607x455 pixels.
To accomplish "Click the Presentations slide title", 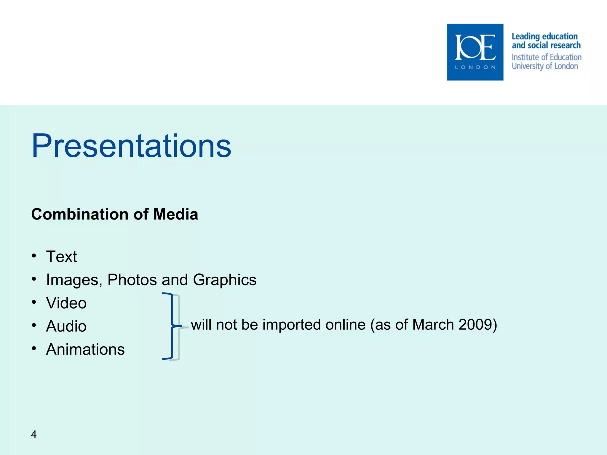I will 131,146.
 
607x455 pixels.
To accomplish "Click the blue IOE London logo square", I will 475,52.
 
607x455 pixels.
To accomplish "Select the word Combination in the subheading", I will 80,214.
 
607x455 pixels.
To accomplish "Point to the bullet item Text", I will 61,257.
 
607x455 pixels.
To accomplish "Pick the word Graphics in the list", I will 224,280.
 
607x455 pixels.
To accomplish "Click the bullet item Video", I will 66,303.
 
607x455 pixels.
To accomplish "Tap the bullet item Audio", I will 66,326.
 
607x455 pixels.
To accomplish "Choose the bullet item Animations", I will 85,350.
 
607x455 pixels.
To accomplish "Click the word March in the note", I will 433,325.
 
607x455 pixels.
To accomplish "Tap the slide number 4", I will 34,435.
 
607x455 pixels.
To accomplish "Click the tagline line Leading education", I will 544,36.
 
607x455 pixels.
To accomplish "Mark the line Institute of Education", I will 547,57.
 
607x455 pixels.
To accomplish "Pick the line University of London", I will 545,66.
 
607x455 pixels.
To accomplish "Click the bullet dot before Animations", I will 34,349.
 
